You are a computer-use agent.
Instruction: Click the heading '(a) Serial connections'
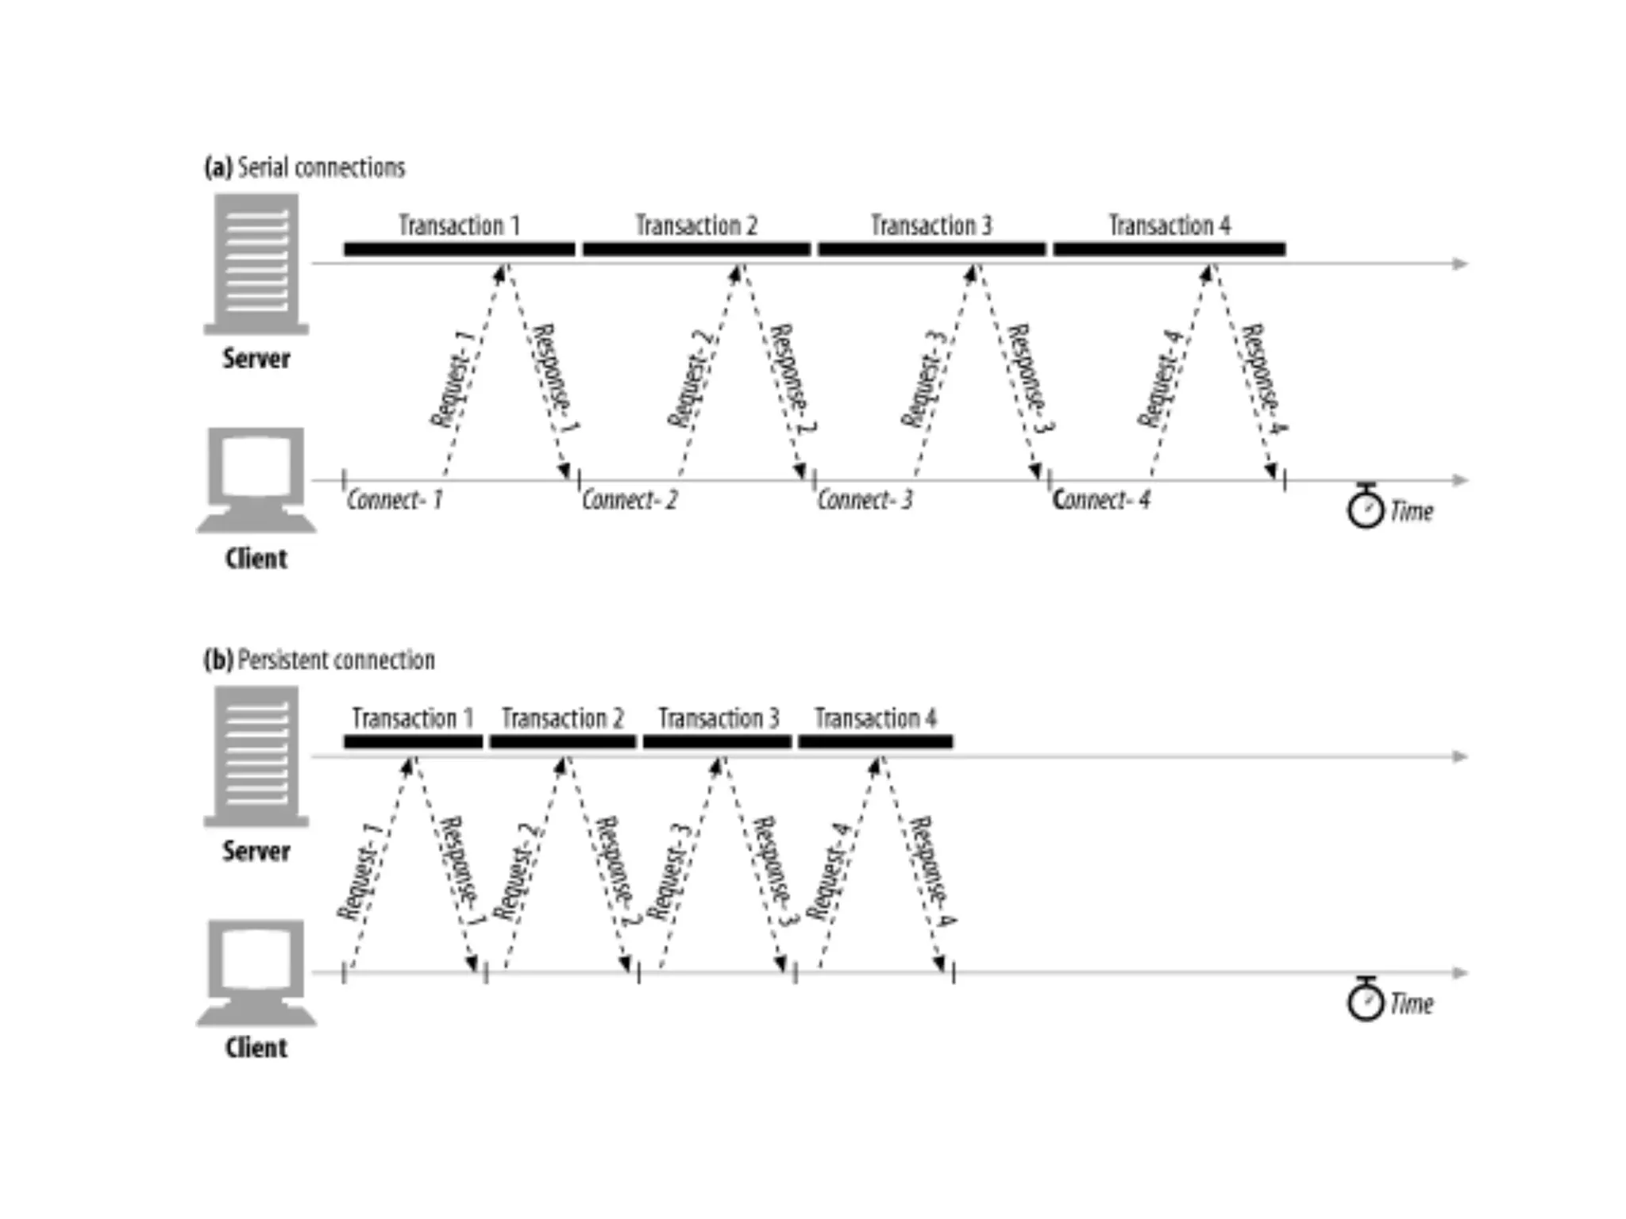click(x=305, y=168)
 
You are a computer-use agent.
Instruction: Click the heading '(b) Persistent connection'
click(x=319, y=660)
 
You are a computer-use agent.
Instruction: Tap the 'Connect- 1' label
click(x=395, y=500)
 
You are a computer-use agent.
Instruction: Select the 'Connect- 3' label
click(x=865, y=500)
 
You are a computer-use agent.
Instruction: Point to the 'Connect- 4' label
click(x=1101, y=500)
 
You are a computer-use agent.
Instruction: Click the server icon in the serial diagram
click(x=256, y=264)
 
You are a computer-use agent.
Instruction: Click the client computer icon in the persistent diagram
click(x=256, y=973)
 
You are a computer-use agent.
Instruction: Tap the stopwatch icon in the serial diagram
click(x=1366, y=506)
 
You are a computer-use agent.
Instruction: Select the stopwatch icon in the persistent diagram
click(x=1366, y=999)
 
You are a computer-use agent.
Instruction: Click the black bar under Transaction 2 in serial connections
click(x=696, y=249)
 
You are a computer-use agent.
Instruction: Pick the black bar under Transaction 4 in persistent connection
click(x=875, y=742)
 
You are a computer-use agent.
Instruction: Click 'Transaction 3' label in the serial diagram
click(x=931, y=226)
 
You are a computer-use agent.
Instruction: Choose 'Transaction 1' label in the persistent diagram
click(x=412, y=719)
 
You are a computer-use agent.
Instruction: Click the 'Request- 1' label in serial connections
click(x=452, y=379)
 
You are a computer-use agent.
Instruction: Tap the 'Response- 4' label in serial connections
click(x=1264, y=379)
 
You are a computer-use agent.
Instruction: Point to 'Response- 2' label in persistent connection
click(x=618, y=871)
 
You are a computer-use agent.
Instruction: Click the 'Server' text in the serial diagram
click(x=256, y=359)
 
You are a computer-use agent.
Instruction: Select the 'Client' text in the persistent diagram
click(x=256, y=1048)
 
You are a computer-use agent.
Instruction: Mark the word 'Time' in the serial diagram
click(x=1412, y=512)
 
